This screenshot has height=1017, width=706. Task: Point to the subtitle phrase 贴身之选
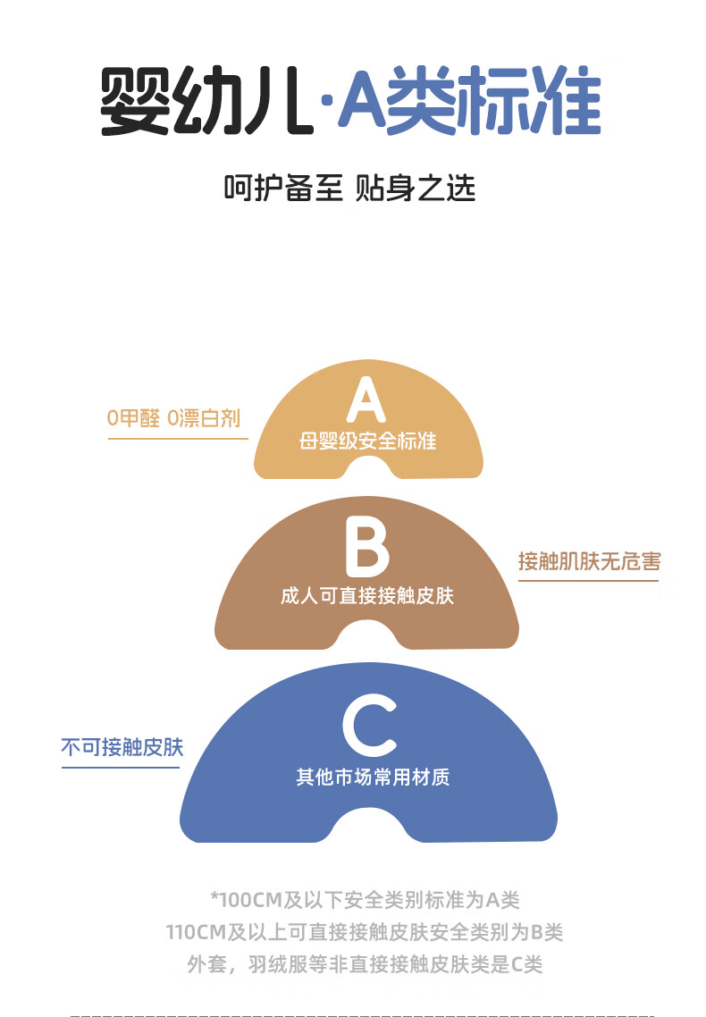pos(416,189)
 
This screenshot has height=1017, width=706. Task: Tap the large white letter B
pos(366,547)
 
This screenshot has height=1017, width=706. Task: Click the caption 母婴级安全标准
pos(367,441)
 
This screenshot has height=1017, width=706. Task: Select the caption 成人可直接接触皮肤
pos(367,595)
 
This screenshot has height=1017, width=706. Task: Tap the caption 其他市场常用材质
pos(373,777)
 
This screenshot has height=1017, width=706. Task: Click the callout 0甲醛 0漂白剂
pos(173,418)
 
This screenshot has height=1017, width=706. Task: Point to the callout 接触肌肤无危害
pos(589,562)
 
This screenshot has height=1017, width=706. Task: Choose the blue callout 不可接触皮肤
pos(122,747)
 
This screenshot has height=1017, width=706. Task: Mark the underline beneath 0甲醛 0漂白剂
pos(178,439)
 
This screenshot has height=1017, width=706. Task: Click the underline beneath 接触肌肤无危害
pos(588,581)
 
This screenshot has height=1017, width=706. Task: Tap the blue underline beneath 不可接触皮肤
pos(122,766)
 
